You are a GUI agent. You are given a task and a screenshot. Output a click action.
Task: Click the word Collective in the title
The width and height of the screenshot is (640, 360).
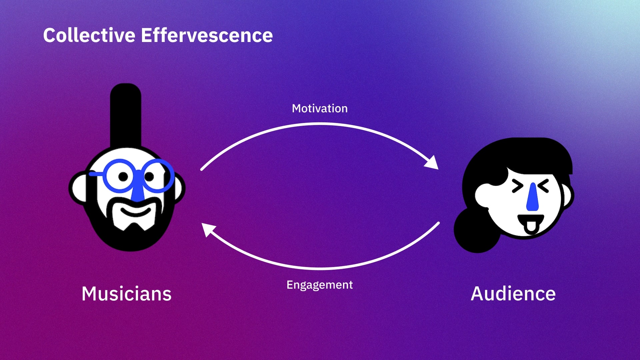(x=89, y=35)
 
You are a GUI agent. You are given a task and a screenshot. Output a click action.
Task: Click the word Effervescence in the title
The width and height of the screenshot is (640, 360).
(x=207, y=35)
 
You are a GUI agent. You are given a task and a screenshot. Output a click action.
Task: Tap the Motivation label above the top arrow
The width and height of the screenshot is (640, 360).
(x=320, y=109)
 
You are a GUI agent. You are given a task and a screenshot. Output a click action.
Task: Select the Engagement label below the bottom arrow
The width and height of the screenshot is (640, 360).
(x=319, y=285)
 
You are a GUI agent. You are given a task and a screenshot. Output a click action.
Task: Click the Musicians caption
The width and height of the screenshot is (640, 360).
(x=126, y=294)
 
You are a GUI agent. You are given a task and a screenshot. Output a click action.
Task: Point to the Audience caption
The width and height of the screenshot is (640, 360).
(x=513, y=294)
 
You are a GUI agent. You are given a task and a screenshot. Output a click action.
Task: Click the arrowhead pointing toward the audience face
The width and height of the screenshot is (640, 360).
(x=432, y=163)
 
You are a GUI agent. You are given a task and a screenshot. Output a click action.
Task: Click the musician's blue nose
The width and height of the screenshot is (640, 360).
(x=137, y=193)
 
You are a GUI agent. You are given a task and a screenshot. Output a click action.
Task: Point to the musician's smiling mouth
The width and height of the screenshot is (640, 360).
(x=136, y=211)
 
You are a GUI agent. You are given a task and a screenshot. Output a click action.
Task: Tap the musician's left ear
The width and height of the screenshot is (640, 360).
(x=78, y=188)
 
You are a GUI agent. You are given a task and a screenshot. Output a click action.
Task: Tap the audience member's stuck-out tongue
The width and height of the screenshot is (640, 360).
(x=531, y=227)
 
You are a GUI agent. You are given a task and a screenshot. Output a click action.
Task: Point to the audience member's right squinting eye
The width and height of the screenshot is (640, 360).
(x=544, y=186)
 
